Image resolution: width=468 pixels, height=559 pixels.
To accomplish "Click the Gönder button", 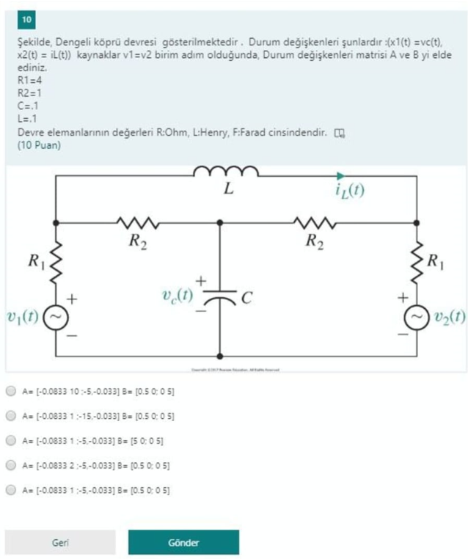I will click(x=183, y=542).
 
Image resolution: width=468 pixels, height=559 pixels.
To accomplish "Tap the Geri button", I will click(x=59, y=542).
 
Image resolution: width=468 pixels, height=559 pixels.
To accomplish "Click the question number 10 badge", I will click(x=26, y=19).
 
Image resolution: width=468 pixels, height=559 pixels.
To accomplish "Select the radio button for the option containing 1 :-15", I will click(x=10, y=415).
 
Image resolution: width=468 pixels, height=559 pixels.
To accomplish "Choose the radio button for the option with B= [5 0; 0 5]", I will click(x=10, y=440).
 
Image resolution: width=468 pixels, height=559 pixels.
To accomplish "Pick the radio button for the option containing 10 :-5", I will click(x=10, y=391).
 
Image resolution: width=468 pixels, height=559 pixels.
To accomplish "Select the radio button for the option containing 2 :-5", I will click(x=10, y=465).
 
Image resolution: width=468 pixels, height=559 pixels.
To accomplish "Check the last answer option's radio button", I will click(x=10, y=489).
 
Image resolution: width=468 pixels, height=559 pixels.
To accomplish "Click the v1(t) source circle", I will click(x=55, y=317).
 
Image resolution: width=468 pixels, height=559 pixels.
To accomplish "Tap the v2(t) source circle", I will click(x=417, y=317).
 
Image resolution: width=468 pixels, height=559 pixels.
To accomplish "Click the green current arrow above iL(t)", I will click(x=340, y=175).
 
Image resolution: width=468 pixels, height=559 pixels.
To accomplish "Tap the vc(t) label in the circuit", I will click(x=177, y=296).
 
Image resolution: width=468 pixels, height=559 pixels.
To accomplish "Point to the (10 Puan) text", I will click(x=39, y=145).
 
